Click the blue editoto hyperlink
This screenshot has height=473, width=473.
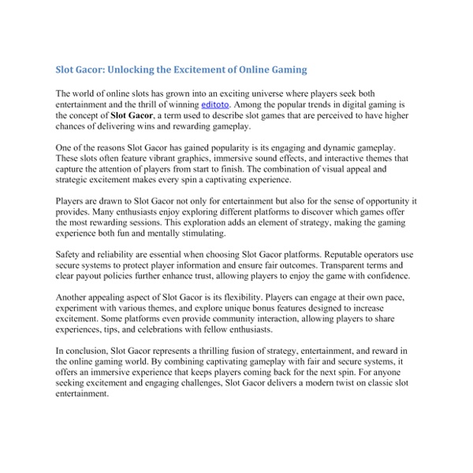tap(217, 103)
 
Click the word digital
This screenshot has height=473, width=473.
tap(342, 103)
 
